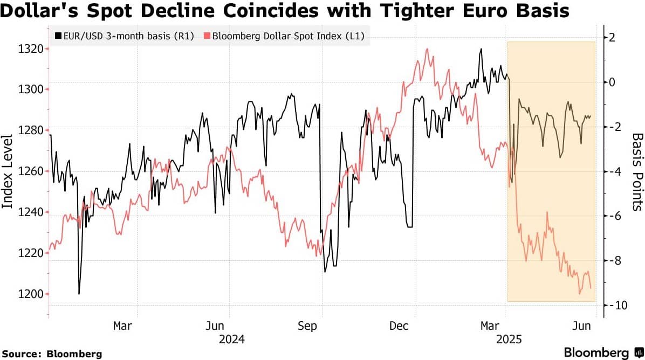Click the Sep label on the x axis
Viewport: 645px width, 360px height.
[x=307, y=326]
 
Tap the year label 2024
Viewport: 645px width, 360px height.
[x=232, y=340]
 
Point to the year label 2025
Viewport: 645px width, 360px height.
[x=509, y=340]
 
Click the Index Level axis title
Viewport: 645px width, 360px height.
[x=8, y=172]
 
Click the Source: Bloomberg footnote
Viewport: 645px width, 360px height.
[x=52, y=354]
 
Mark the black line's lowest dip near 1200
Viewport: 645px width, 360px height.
[x=79, y=294]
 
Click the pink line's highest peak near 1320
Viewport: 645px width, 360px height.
[x=427, y=49]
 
